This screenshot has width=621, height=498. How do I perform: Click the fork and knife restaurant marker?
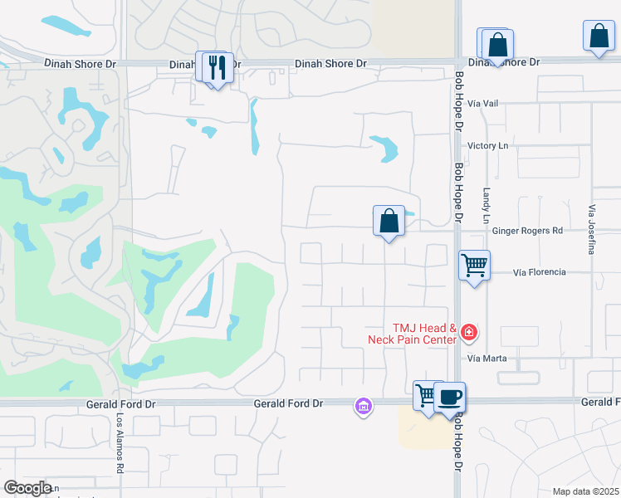click(218, 67)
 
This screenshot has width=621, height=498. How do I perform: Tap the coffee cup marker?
click(450, 397)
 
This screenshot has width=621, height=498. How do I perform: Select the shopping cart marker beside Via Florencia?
click(474, 266)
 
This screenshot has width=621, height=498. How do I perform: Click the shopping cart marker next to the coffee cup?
click(427, 395)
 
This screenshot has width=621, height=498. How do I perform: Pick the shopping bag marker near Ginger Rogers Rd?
click(389, 221)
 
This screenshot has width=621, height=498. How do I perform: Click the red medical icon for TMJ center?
click(469, 333)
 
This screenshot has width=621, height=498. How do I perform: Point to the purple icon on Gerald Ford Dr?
click(363, 407)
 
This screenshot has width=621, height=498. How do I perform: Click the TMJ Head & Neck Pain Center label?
click(413, 334)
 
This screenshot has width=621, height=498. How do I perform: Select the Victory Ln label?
click(487, 145)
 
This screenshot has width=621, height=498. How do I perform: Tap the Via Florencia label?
click(539, 271)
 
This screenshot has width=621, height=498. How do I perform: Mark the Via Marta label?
click(487, 359)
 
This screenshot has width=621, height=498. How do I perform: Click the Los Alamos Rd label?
click(120, 444)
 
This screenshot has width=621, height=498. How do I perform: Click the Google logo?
click(27, 488)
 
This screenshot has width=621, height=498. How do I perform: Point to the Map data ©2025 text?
click(586, 491)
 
